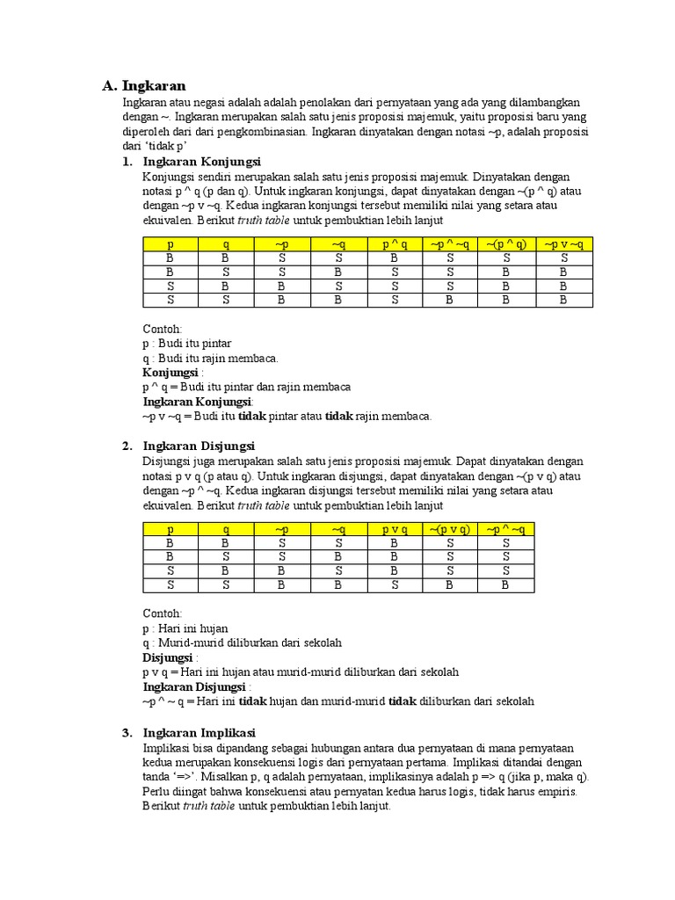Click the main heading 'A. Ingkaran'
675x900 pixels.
tap(144, 85)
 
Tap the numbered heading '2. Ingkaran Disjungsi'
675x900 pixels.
tap(188, 446)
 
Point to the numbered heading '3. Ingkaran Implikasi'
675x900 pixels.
tap(189, 732)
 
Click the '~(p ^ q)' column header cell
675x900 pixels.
tap(507, 244)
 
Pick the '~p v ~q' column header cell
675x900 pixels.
tap(564, 244)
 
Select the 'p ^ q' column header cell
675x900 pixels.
tap(395, 244)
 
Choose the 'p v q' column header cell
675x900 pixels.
tap(395, 529)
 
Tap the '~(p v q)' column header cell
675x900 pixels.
tap(450, 529)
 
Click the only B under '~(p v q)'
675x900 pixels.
tap(450, 584)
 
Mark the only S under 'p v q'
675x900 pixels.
tap(395, 584)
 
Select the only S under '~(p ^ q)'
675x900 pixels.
tap(507, 258)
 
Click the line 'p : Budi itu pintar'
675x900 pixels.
tap(187, 344)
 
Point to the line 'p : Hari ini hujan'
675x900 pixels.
tap(185, 628)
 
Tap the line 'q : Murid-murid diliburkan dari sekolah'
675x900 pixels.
tap(242, 642)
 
